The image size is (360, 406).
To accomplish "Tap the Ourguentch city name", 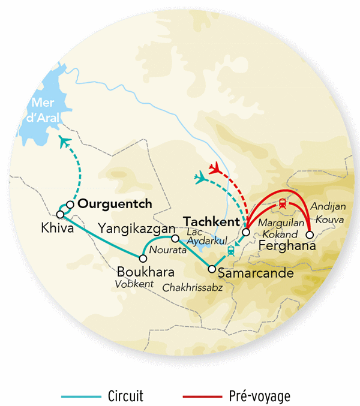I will click(115, 204).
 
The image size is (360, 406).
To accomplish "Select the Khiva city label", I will click(54, 229).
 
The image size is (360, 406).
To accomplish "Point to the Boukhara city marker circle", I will click(143, 258).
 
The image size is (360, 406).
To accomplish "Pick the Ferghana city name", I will click(286, 246).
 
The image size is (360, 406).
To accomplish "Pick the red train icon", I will click(281, 204).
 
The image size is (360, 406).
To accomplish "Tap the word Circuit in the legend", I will click(125, 396).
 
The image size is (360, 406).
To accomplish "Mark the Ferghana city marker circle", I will click(310, 234).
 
